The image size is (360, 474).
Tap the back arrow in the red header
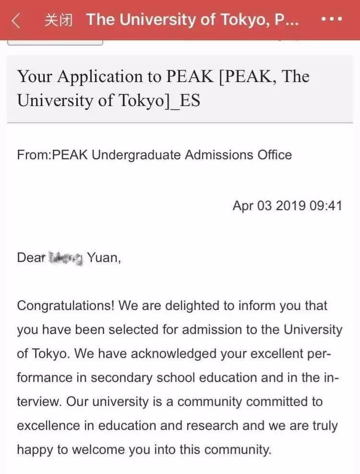[16, 20]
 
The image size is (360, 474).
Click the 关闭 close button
[58, 20]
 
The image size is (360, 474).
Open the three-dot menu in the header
[331, 20]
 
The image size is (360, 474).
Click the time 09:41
[326, 206]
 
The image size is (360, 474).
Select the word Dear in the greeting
[31, 258]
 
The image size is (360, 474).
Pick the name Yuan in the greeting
[102, 258]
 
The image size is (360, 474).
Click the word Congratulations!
[65, 306]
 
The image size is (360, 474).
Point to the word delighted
[179, 306]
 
